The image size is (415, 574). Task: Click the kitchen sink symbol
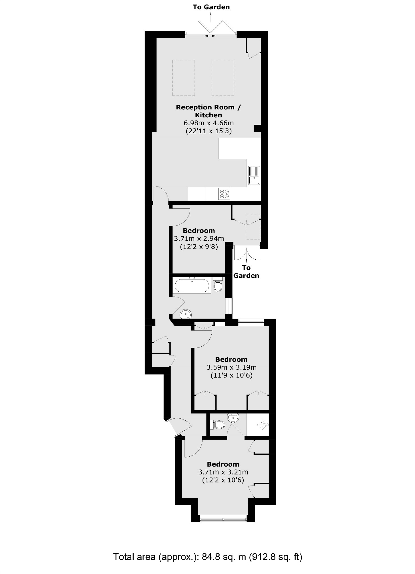pyautogui.click(x=254, y=175)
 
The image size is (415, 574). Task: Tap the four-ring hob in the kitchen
pyautogui.click(x=224, y=194)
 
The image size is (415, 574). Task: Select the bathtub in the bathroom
pyautogui.click(x=193, y=286)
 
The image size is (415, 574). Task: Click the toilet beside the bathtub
pyautogui.click(x=218, y=285)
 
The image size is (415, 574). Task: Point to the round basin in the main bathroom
pyautogui.click(x=186, y=314)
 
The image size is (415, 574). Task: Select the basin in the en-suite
pyautogui.click(x=233, y=417)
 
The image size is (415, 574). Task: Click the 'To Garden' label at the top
pyautogui.click(x=211, y=7)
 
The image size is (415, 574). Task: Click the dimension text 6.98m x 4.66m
pyautogui.click(x=208, y=123)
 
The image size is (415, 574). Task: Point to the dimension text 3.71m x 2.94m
pyautogui.click(x=199, y=239)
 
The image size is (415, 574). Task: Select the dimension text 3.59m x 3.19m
pyautogui.click(x=231, y=368)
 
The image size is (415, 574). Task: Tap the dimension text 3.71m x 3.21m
pyautogui.click(x=223, y=472)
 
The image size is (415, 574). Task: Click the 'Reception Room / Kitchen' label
pyautogui.click(x=208, y=111)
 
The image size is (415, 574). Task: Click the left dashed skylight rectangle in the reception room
pyautogui.click(x=184, y=78)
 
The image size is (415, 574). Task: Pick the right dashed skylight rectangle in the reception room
pyautogui.click(x=223, y=78)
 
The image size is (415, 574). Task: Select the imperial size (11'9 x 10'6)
pyautogui.click(x=231, y=376)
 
